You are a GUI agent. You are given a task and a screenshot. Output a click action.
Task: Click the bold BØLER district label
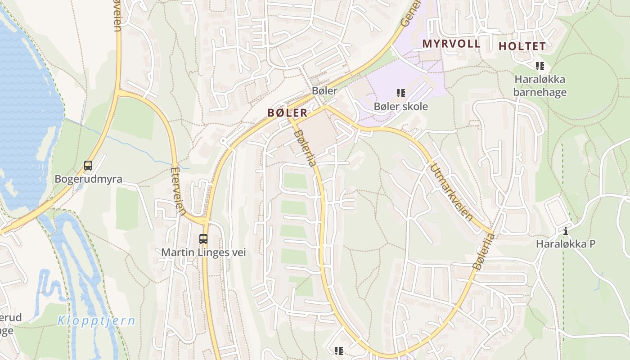point(288,113)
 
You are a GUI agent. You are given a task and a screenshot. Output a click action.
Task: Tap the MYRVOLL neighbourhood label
point(451,44)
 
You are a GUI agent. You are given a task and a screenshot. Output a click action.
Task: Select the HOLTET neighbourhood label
point(522,46)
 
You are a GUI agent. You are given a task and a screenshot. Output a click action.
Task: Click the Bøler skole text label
point(400,107)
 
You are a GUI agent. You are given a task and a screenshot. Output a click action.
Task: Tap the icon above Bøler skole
point(400,93)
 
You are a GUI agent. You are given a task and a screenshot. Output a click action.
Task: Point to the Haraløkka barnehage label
point(540,85)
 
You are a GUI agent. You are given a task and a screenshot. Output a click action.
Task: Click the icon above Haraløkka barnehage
point(540,66)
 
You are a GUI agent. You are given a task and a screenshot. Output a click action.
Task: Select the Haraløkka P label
point(565,244)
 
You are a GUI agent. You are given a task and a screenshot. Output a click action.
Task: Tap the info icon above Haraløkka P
point(566,231)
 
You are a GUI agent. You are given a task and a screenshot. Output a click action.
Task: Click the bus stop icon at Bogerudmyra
point(88,166)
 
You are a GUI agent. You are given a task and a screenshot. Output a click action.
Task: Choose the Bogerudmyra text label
point(88,179)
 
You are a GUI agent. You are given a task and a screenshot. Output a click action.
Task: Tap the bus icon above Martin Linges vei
point(203,238)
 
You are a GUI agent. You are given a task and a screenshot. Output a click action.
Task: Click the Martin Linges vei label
point(203,252)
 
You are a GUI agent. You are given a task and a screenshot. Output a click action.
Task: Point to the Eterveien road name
point(178,191)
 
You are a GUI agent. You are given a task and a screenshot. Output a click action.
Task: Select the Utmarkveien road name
point(451,193)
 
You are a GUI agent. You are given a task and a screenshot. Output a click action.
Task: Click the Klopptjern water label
point(96,321)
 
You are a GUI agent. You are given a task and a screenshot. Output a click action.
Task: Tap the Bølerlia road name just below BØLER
point(305,148)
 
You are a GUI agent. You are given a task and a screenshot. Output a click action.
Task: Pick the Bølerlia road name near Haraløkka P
point(483,252)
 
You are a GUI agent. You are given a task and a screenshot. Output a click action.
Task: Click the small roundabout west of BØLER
point(224,141)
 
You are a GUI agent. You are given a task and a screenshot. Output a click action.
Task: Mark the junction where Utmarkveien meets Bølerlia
point(493,234)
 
